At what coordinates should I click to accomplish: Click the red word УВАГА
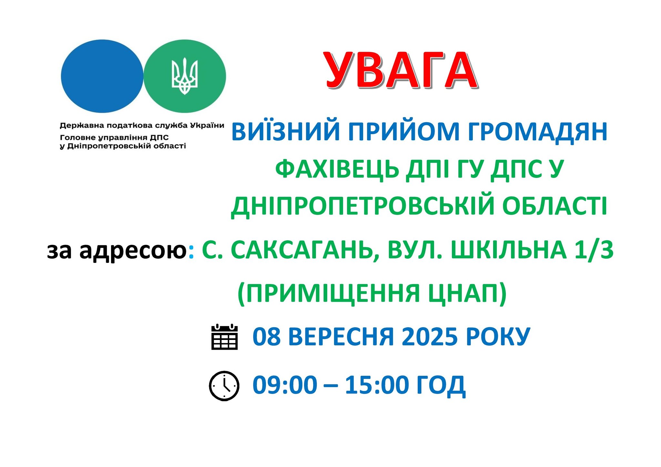pyautogui.click(x=402, y=71)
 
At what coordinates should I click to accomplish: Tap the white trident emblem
pyautogui.click(x=184, y=76)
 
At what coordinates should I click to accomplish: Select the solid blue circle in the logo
pyautogui.click(x=102, y=76)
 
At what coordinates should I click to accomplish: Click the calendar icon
pyautogui.click(x=224, y=337)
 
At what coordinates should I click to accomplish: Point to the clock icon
pyautogui.click(x=224, y=386)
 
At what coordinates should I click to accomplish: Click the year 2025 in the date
pyautogui.click(x=430, y=336)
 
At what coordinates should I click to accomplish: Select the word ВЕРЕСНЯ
pyautogui.click(x=341, y=336)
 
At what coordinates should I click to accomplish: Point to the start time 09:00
pyautogui.click(x=285, y=385)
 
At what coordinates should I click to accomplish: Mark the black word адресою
pyautogui.click(x=133, y=251)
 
